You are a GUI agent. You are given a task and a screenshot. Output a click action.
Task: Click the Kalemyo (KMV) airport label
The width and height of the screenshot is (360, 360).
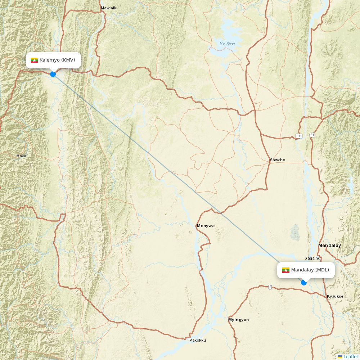pyautogui.click(x=57, y=60)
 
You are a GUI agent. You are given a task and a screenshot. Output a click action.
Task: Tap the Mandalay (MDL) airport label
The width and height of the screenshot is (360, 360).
pyautogui.click(x=310, y=270)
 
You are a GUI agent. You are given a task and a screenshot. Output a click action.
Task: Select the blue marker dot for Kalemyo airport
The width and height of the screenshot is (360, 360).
pyautogui.click(x=53, y=74)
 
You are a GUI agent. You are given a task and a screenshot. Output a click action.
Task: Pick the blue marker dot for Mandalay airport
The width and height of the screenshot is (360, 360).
pyautogui.click(x=304, y=283)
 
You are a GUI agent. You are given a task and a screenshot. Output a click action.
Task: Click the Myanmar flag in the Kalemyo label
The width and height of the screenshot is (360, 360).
pyautogui.click(x=35, y=60)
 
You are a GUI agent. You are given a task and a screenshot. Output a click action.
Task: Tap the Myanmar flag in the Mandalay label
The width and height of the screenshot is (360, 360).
pyautogui.click(x=286, y=270)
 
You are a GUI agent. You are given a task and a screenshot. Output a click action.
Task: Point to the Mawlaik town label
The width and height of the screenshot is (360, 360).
pyautogui.click(x=108, y=8)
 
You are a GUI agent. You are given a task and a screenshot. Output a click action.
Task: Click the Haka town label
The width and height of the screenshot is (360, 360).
pyautogui.click(x=21, y=156)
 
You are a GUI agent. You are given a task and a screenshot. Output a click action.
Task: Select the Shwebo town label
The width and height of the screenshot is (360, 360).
pyautogui.click(x=278, y=160)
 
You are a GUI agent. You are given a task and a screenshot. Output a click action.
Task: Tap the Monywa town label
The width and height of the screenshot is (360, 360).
pyautogui.click(x=206, y=226)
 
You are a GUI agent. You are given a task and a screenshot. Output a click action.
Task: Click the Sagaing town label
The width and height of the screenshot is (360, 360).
pyautogui.click(x=312, y=258)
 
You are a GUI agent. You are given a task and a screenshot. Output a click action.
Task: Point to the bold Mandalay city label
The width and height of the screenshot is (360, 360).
pyautogui.click(x=329, y=245)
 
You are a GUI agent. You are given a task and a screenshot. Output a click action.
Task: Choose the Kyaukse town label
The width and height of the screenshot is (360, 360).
pyautogui.click(x=335, y=296)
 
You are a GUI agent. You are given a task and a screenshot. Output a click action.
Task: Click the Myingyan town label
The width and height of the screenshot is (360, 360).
pyautogui.click(x=238, y=320)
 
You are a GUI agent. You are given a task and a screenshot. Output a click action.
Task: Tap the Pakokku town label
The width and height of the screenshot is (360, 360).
pyautogui.click(x=198, y=340)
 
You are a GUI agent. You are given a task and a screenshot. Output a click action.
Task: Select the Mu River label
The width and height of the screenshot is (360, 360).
pyautogui.click(x=227, y=44)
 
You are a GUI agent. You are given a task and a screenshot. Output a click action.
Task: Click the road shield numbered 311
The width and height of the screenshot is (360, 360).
pyautogui.click(x=299, y=135)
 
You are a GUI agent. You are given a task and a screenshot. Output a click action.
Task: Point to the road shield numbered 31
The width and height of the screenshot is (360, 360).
pyautogui.click(x=312, y=135)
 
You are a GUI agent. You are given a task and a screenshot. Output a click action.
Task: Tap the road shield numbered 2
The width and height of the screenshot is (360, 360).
pyautogui.click(x=270, y=287)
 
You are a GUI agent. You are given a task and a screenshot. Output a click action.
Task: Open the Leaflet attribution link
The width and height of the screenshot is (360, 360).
pyautogui.click(x=350, y=356)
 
